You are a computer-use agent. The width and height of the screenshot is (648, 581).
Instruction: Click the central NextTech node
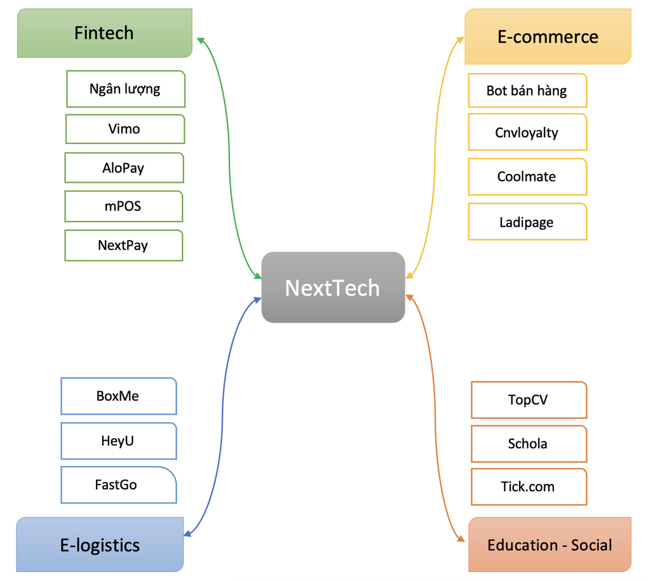pos(333,288)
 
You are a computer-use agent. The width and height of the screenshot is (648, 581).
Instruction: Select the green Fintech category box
pos(104,33)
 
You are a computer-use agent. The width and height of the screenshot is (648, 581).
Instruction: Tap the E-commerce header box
pos(548,37)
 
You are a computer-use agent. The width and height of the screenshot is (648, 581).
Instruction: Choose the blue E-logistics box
pos(100,545)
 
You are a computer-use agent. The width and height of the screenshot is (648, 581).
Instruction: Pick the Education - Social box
pos(550,545)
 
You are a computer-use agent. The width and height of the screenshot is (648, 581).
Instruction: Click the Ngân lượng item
pos(125,89)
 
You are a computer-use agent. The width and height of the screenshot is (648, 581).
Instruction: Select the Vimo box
pos(125,129)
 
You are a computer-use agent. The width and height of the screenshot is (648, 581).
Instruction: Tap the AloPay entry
pos(124,168)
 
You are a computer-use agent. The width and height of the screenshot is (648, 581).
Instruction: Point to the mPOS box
pos(123,206)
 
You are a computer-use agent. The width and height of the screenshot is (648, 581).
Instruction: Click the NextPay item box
pos(123,245)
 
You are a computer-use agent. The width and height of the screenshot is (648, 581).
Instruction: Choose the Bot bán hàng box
pos(527,91)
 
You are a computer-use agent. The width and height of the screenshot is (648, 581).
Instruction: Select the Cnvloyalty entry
pos(527,132)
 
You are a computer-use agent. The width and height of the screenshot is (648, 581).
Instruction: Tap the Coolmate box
pos(527,177)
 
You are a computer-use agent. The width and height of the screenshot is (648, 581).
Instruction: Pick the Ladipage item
pos(527,222)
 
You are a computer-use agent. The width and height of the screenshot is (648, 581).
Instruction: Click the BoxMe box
pos(118,396)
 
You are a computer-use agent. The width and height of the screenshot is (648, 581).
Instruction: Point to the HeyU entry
pos(118,441)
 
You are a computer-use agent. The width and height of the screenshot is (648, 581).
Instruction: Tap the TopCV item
pos(528,400)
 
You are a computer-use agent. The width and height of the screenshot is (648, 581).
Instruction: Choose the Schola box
pos(528,444)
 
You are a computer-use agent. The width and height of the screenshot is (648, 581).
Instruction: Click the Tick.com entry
pos(528,487)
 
